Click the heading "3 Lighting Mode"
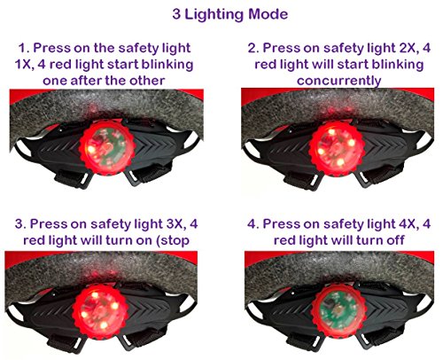point(221,14)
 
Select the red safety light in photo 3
point(108,311)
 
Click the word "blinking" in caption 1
point(175,64)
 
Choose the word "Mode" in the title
point(267,14)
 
